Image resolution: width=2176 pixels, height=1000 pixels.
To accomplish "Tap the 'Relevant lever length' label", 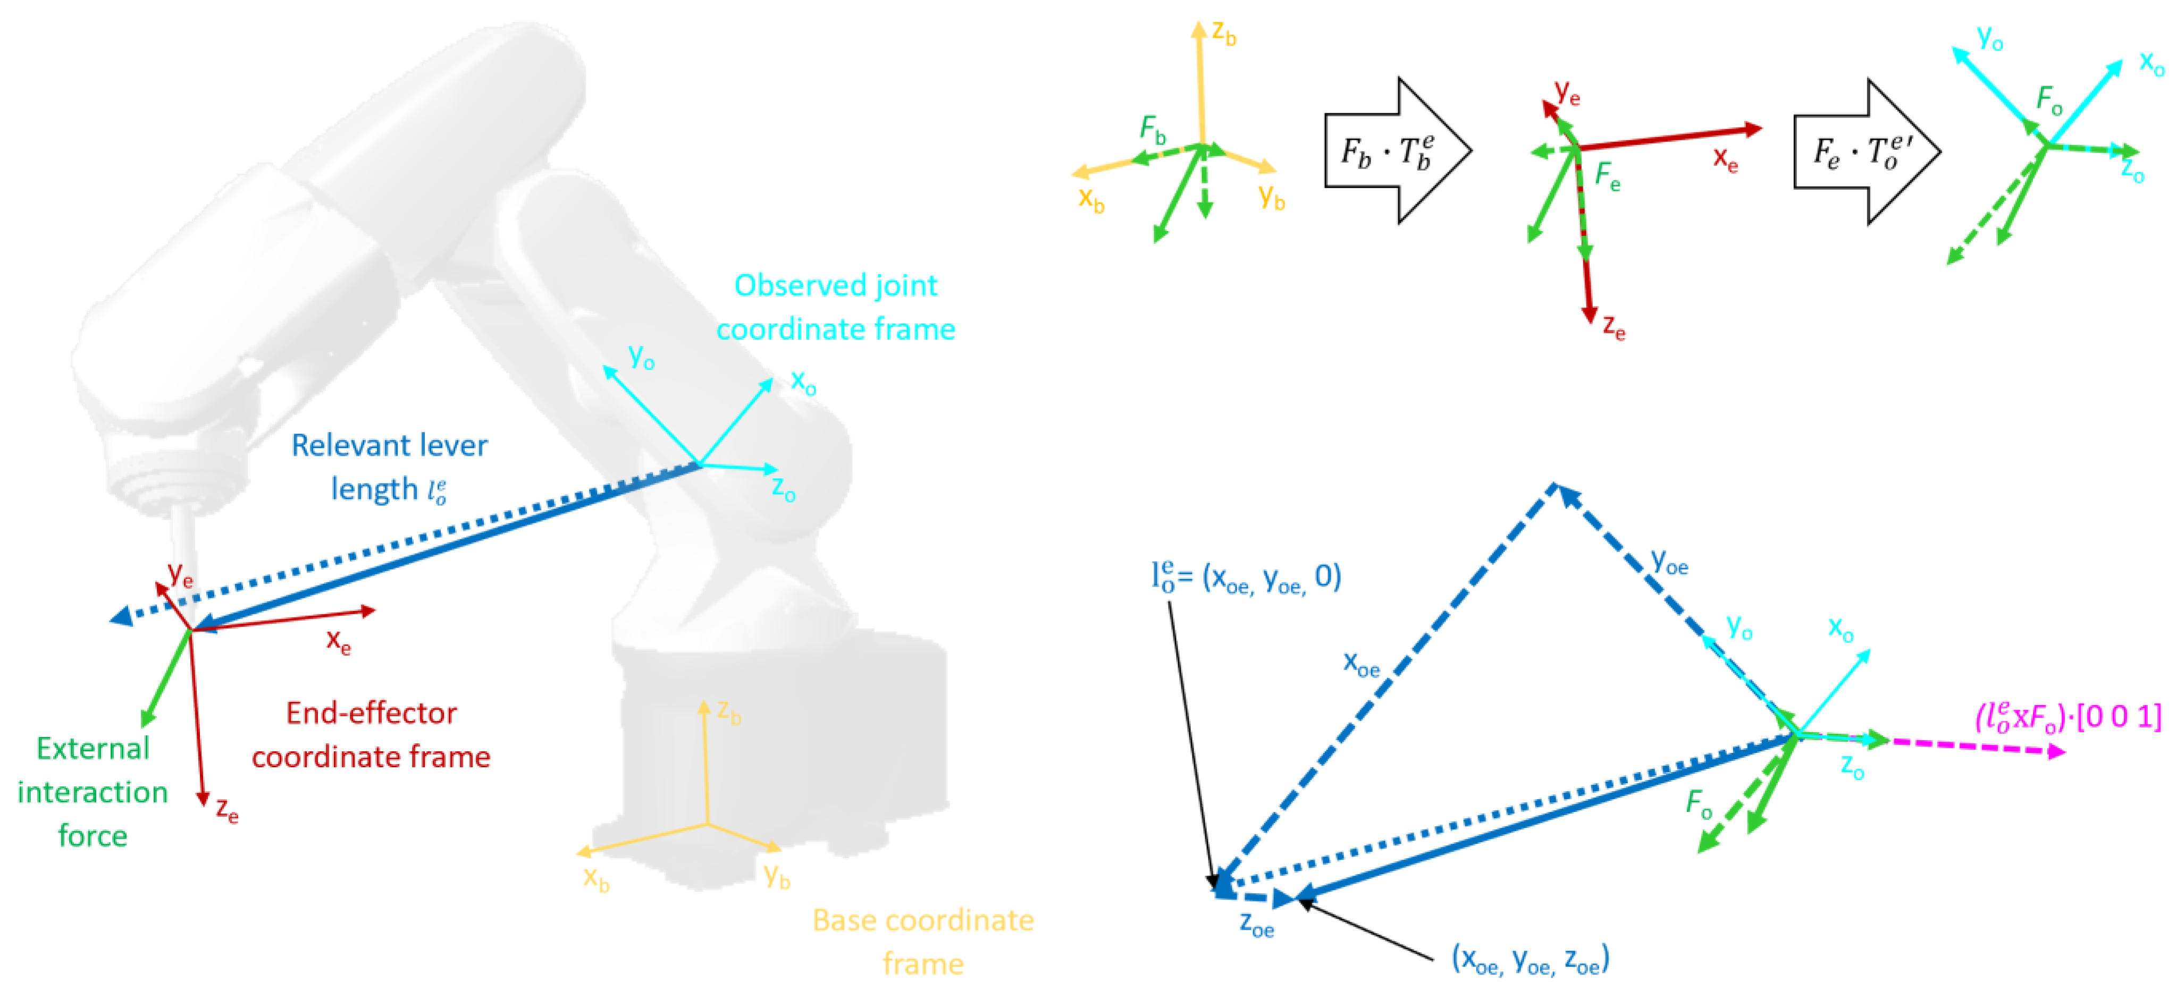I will point(389,467).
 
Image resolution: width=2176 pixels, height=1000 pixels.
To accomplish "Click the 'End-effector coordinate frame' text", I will point(371,734).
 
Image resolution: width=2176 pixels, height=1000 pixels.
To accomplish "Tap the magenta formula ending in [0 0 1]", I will point(2067,717).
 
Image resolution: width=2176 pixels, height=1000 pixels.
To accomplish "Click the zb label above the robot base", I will point(729,712).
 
